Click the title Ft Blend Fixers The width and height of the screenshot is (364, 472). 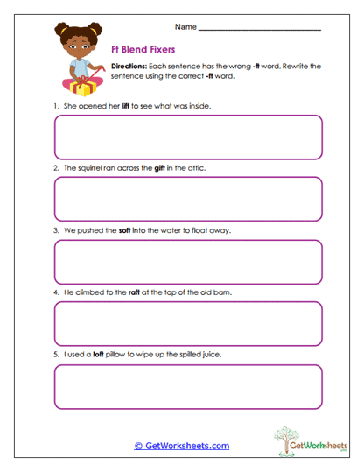pos(143,50)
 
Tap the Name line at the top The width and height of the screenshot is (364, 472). pos(260,29)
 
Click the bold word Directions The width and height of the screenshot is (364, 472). pos(130,67)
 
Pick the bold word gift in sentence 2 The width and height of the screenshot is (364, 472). pos(160,168)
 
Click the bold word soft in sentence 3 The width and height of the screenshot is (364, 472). pos(124,230)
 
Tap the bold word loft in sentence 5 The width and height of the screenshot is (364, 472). pos(98,354)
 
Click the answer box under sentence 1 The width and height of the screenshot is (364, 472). pos(188,137)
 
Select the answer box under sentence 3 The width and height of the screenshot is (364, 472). pos(188,262)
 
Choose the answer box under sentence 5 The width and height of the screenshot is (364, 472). pos(188,386)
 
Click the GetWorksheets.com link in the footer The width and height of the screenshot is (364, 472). pos(182,446)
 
